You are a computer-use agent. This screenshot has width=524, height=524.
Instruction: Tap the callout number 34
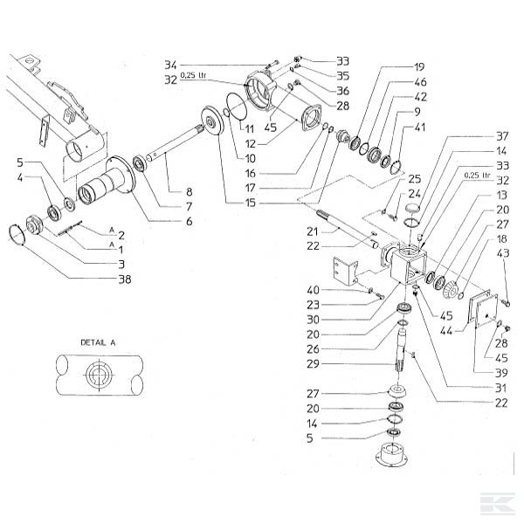pos(170,65)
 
